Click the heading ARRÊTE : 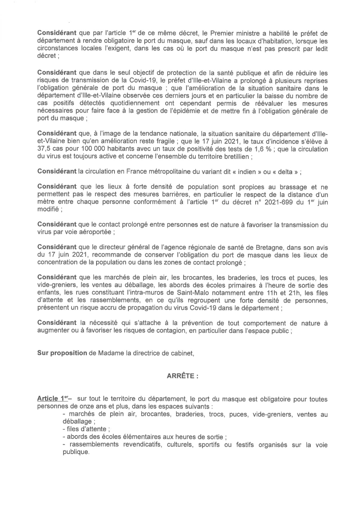pos(183,376)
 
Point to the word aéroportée pos(96,233)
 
